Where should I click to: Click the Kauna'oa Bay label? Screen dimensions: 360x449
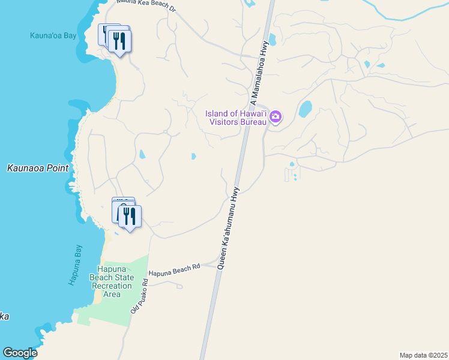53,35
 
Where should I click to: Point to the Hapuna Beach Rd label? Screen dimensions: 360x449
174,271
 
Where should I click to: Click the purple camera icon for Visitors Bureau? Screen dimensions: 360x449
276,116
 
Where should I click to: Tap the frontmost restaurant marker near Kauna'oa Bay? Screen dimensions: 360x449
119,41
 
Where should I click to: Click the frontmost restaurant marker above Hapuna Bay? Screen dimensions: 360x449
129,217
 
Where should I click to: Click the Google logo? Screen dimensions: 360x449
20,353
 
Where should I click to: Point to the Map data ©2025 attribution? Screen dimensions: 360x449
423,355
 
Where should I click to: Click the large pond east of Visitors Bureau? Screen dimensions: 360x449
306,109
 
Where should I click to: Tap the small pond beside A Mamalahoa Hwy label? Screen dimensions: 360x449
273,40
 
